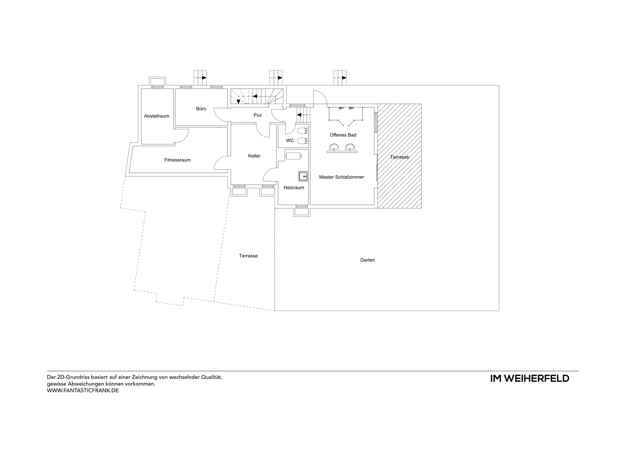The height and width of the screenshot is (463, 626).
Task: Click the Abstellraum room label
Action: pos(156,116)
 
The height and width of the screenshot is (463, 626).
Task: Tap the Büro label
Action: pos(201,109)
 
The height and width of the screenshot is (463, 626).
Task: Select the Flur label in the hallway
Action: pos(258,115)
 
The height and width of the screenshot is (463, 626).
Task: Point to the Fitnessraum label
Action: pos(177,160)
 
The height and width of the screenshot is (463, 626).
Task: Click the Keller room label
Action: pos(254,156)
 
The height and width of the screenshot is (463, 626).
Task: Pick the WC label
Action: pos(290,140)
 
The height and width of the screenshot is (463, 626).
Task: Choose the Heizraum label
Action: pos(293,187)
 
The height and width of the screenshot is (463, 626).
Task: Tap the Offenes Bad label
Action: pos(343,135)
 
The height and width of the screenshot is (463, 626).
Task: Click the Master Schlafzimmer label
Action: pos(341,177)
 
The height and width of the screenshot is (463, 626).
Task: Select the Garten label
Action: pos(367,260)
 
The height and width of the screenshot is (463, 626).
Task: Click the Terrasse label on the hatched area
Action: pos(399,157)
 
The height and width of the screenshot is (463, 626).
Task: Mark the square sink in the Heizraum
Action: pos(303,176)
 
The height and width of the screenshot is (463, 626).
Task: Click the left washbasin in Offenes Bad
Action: pos(334,147)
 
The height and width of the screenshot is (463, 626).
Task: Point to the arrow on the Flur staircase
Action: pos(299,115)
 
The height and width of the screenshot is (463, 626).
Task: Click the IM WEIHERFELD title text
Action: pos(529,379)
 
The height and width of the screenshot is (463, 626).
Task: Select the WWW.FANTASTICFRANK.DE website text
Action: pos(83,391)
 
